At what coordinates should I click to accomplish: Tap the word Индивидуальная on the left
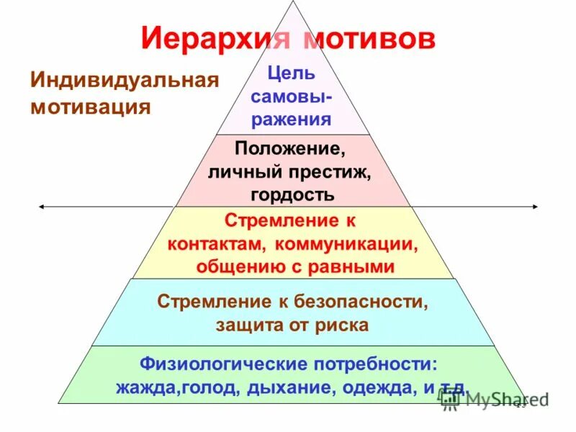pos(123,79)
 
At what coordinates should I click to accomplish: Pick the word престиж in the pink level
pos(330,172)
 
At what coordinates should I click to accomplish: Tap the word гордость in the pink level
pos(292,194)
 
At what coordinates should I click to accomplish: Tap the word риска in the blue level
pos(341,325)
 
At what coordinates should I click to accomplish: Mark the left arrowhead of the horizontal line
pos(41,207)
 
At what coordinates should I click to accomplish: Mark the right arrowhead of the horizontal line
pos(535,207)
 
